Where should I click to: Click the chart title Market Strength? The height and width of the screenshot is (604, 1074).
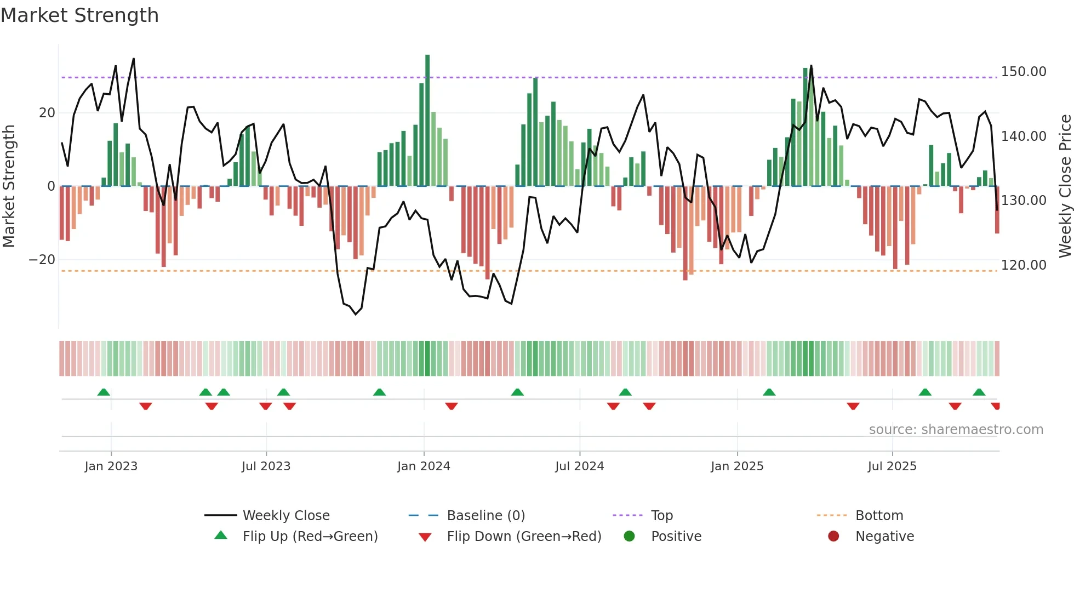click(79, 15)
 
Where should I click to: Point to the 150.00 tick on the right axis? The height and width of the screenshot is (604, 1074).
click(1023, 72)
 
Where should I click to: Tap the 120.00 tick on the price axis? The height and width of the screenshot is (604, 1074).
click(1023, 265)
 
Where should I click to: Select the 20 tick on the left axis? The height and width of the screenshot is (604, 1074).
click(47, 113)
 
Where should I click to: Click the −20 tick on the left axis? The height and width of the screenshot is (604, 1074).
click(42, 260)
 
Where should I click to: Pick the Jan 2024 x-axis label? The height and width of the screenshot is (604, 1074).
click(424, 466)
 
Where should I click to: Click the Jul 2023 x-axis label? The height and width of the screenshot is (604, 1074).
click(266, 466)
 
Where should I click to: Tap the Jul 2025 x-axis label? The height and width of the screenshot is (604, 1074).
click(892, 466)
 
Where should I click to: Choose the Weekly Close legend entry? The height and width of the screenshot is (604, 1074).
click(285, 516)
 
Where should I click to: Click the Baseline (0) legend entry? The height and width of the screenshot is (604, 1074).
click(485, 516)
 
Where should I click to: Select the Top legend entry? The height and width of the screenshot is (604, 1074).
click(661, 516)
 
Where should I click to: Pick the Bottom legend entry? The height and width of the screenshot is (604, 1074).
click(879, 516)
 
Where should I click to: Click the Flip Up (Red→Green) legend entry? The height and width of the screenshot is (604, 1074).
click(310, 537)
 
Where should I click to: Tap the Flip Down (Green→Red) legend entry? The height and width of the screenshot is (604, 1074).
click(523, 537)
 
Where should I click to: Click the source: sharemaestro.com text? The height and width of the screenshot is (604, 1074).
click(956, 430)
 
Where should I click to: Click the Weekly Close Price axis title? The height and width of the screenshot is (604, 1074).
click(1065, 186)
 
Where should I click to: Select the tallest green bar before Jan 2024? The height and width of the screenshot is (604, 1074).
click(427, 121)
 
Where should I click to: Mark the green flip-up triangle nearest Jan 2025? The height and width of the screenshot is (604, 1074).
click(769, 392)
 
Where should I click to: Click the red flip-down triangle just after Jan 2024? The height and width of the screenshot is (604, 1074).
click(452, 406)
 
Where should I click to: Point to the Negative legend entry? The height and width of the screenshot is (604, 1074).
click(884, 537)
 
